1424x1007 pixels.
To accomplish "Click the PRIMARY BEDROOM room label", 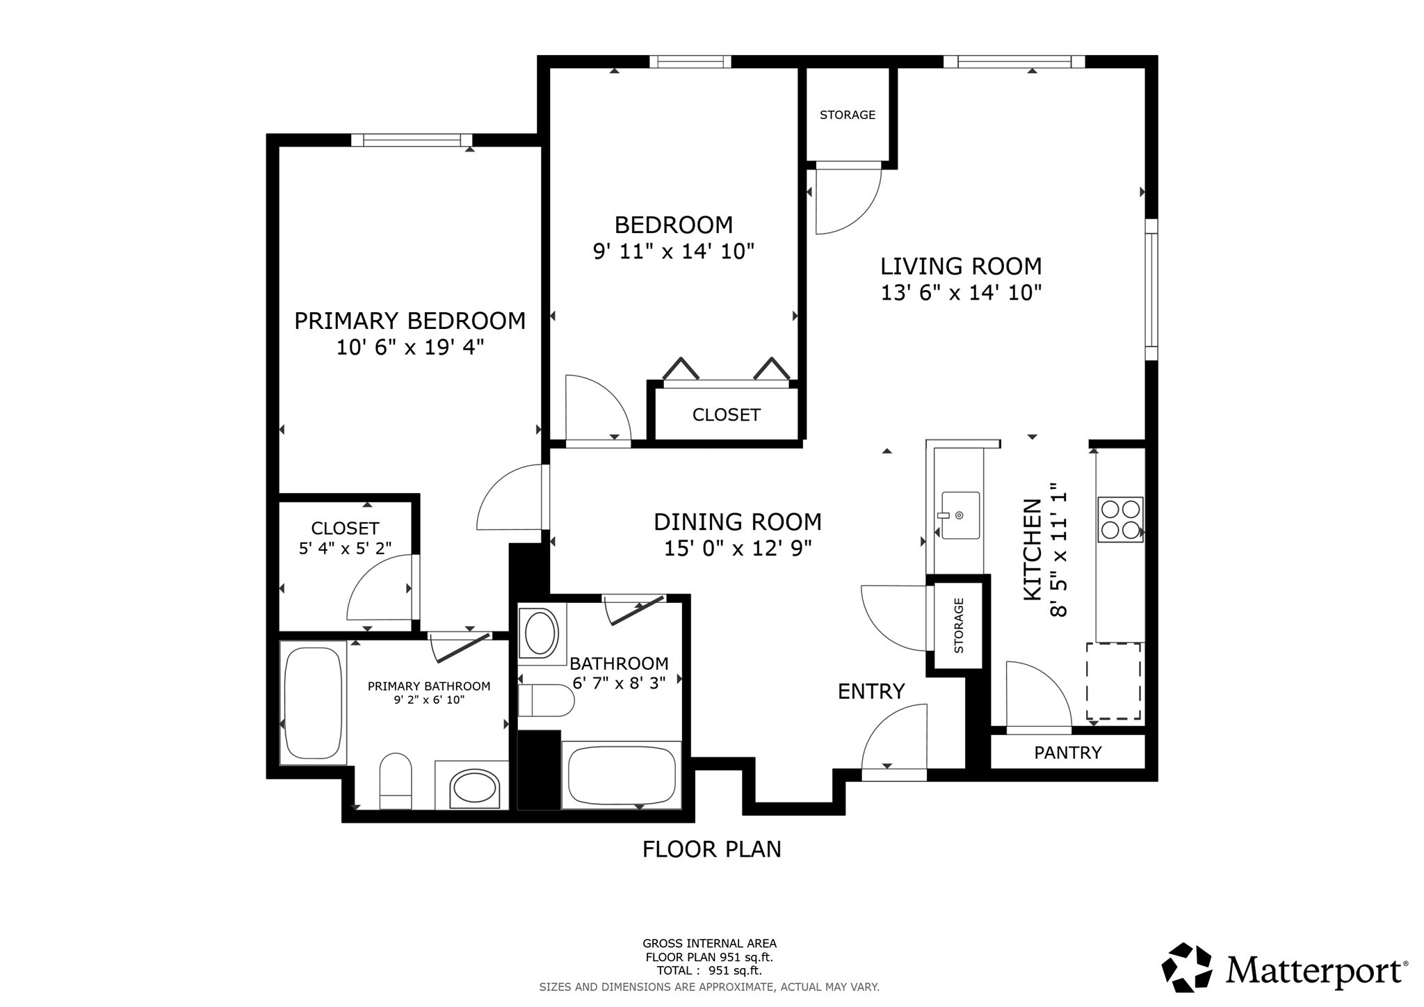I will coord(410,321).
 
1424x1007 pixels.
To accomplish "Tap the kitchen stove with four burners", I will coord(1119,519).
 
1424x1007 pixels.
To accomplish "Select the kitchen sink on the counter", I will coord(960,515).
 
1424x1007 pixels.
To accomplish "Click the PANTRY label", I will coord(1067,752).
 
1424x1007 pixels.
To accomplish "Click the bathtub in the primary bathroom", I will coord(313,702).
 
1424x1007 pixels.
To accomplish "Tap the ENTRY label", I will coord(871,691).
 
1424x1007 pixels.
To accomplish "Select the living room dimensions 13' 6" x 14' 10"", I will coord(961,293).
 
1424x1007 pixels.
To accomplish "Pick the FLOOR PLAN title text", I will coord(711,849).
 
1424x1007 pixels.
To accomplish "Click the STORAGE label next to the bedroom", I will coord(847,115).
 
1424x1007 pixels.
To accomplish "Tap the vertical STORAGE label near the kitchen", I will coord(959,625).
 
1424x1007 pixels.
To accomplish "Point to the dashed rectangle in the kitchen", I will coord(1113,680).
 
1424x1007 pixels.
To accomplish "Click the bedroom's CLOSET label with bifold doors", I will coord(726,415).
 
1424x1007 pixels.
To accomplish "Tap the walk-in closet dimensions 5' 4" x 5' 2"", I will coord(345,549).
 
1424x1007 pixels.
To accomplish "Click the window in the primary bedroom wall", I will coord(412,140).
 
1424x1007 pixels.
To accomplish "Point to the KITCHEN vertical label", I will coord(1032,549).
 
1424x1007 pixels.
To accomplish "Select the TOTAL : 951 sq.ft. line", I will coord(709,971).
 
